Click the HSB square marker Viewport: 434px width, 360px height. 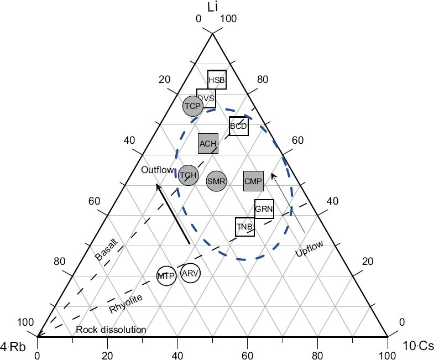(217, 80)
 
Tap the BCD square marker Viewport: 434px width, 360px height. (238, 126)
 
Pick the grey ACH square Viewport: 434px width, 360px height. (208, 143)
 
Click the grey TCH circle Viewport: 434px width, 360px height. (189, 175)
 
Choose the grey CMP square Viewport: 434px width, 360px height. (253, 180)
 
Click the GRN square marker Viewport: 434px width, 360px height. (264, 209)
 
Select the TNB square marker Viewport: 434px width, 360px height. (245, 226)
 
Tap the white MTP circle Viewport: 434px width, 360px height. (166, 275)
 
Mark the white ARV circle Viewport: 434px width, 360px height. (190, 273)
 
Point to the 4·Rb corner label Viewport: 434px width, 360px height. (13, 347)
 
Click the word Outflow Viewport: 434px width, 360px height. (158, 170)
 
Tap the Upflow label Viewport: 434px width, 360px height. (309, 249)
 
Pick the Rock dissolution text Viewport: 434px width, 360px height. (111, 330)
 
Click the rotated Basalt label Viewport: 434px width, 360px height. (106, 250)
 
